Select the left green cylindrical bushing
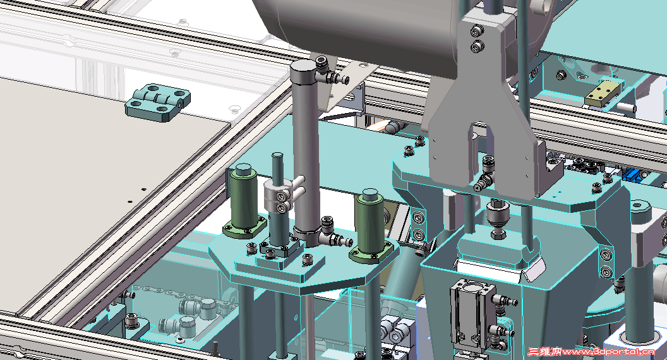click(244, 197)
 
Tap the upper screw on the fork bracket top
click(476, 31)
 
